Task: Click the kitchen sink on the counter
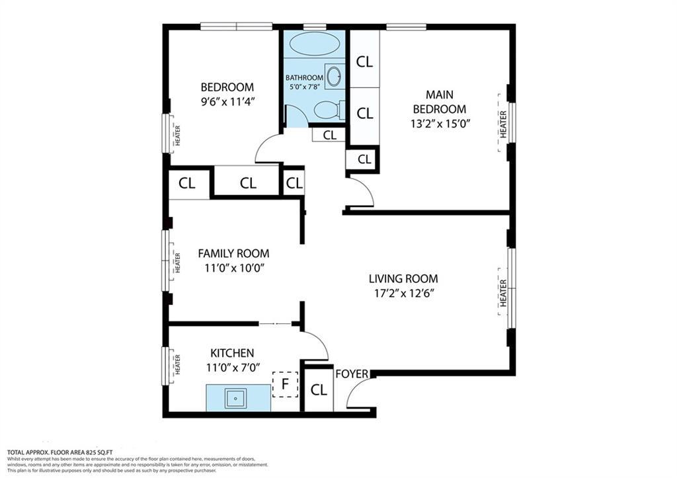(235, 398)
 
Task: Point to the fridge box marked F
(286, 384)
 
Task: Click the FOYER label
(352, 374)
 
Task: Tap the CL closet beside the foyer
(319, 390)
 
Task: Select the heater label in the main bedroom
(503, 124)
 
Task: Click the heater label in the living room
(503, 292)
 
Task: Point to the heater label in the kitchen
(177, 366)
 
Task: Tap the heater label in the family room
(177, 262)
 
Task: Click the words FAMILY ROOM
(233, 253)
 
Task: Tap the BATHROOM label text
(305, 78)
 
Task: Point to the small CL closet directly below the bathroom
(329, 135)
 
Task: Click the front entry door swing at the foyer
(358, 395)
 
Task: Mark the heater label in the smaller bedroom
(177, 135)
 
